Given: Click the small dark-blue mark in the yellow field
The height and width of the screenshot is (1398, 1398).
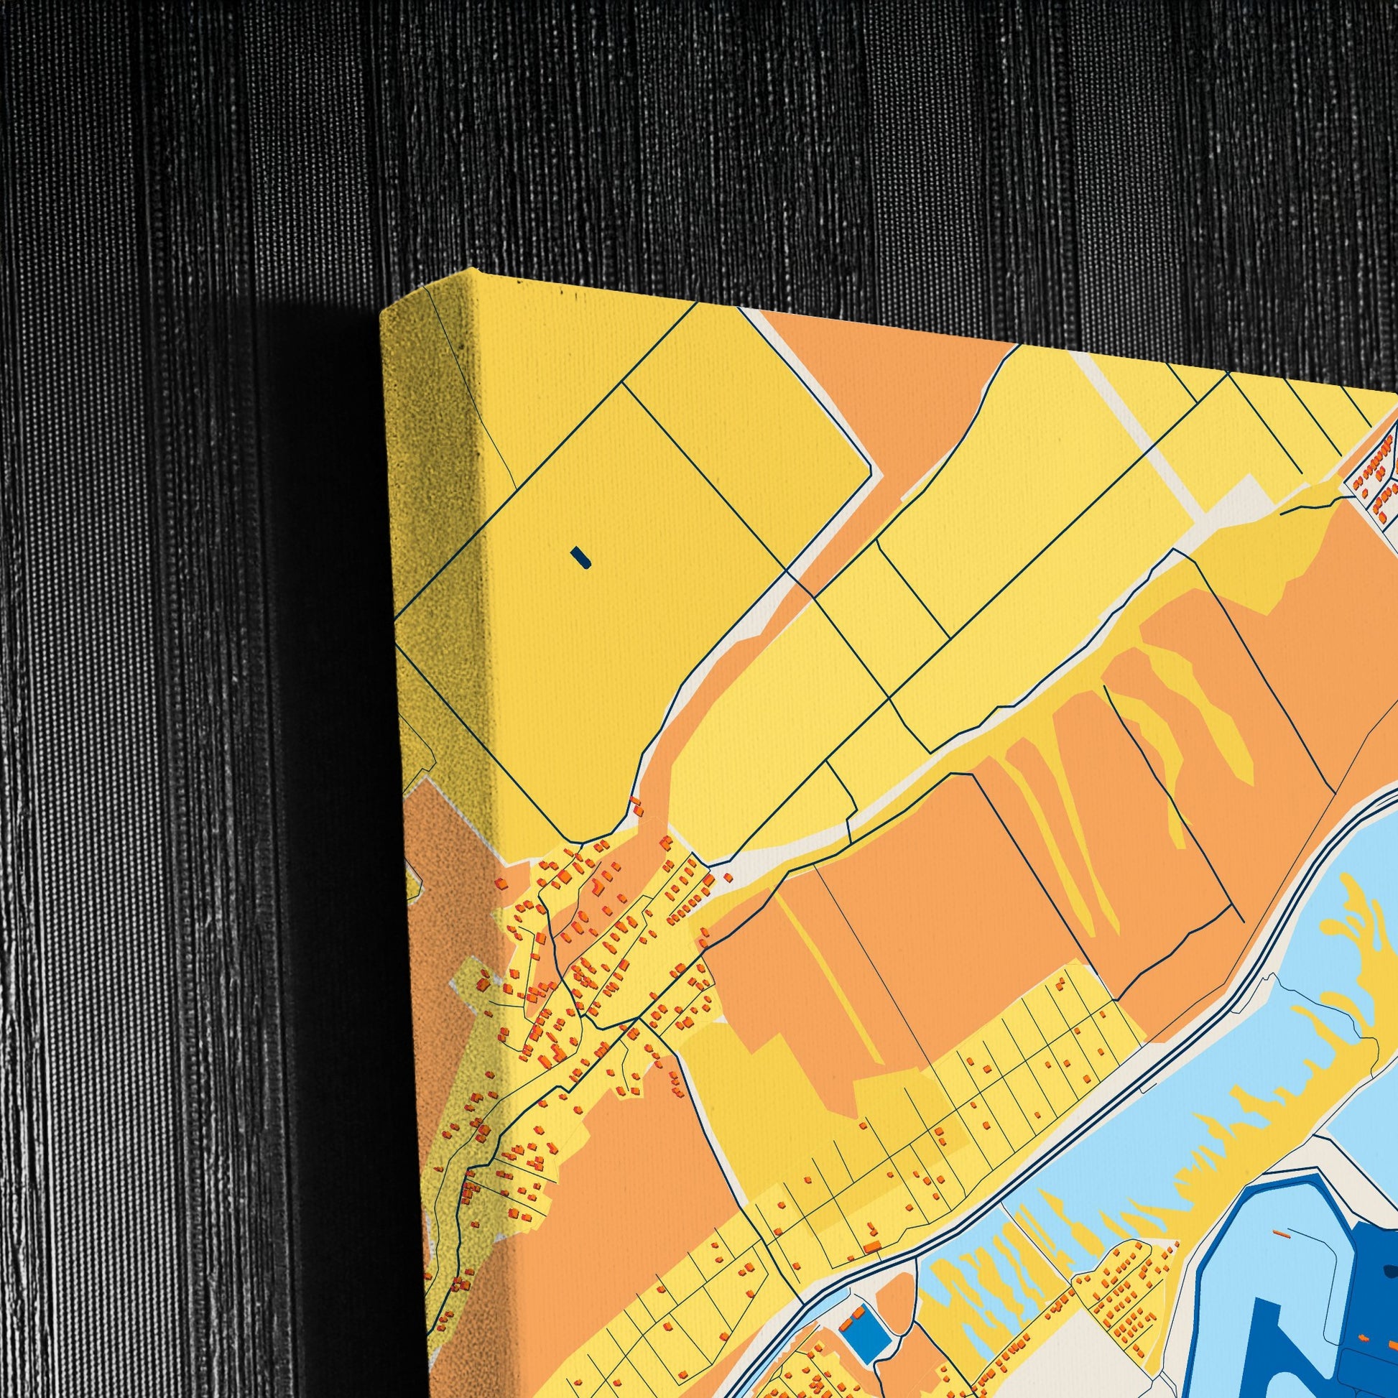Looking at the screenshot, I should (580, 557).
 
